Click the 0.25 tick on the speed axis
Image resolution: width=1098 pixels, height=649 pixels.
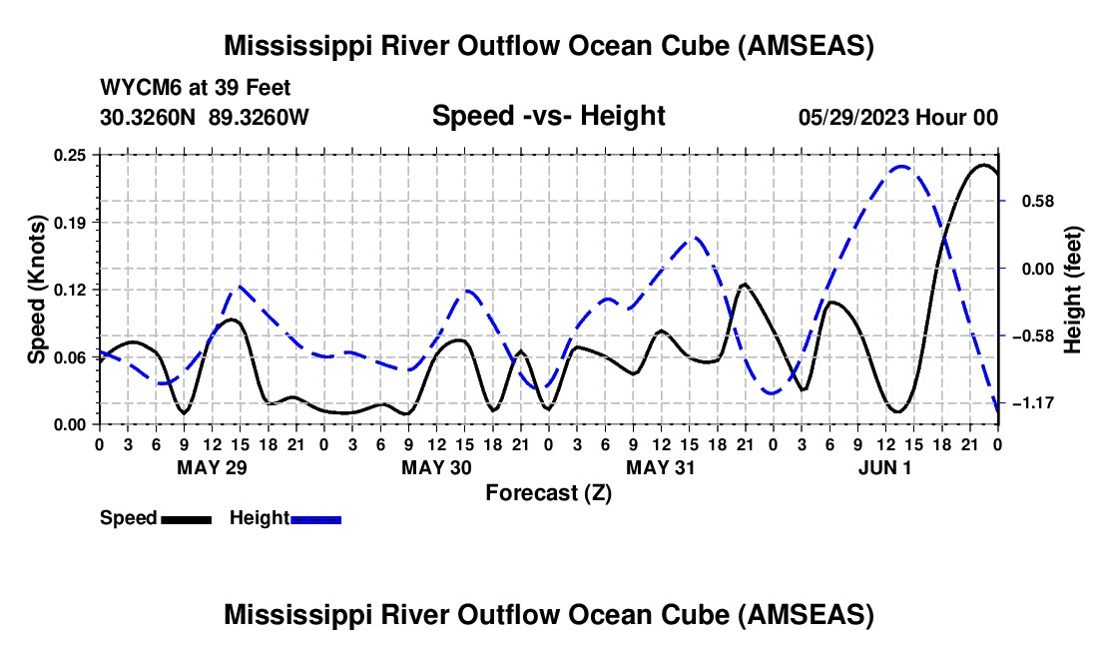click(72, 155)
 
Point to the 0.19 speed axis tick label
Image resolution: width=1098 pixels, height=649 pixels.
click(72, 222)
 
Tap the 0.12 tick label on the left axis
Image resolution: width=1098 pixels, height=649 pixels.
click(72, 290)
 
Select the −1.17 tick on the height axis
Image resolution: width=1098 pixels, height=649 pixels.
click(1034, 403)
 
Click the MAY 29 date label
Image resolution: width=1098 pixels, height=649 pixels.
click(212, 467)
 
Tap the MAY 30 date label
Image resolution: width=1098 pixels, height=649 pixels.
click(436, 467)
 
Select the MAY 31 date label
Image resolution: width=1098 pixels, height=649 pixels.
click(661, 467)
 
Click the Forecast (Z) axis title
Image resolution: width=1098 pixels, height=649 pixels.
click(548, 492)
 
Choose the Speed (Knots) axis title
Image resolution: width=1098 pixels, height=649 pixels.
click(37, 290)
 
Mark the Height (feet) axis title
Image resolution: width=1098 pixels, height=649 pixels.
click(1073, 290)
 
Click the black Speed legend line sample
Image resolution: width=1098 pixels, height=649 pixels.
click(186, 518)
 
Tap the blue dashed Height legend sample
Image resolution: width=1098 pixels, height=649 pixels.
click(315, 518)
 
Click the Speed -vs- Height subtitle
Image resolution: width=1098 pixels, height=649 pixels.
click(548, 117)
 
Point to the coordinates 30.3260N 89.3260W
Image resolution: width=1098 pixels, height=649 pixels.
click(205, 117)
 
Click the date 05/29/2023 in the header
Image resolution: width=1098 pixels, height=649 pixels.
click(852, 117)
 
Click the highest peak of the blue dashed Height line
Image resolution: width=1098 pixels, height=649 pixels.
click(901, 167)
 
